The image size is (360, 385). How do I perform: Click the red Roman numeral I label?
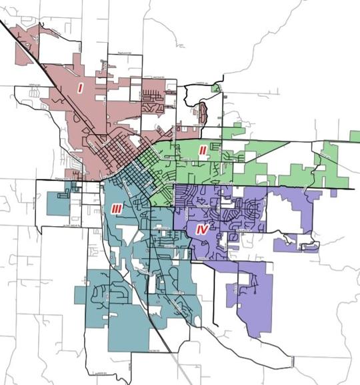(x=80, y=87)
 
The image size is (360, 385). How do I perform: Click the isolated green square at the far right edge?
(x=355, y=136)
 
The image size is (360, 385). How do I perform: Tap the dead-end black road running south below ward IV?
(x=214, y=294)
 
